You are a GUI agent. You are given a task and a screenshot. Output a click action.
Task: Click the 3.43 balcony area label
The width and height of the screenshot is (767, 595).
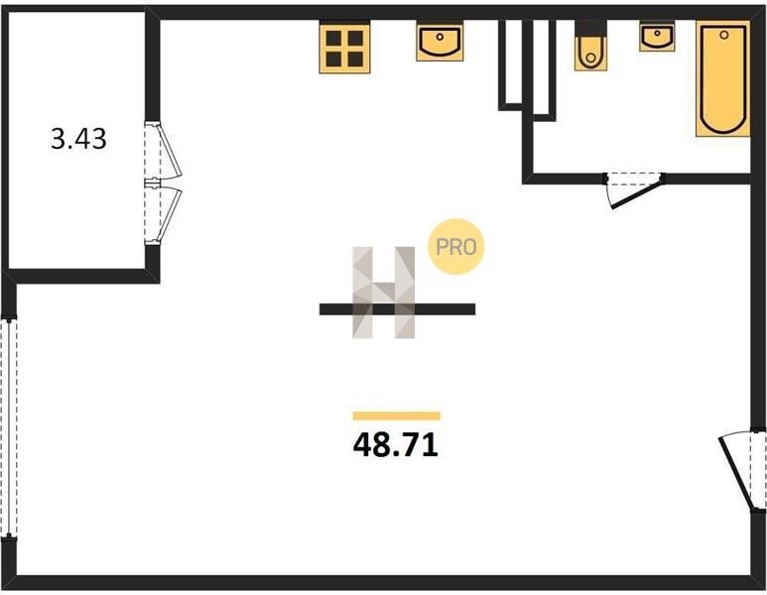tap(78, 140)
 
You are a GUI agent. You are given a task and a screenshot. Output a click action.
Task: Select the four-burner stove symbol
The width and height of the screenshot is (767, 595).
tap(344, 47)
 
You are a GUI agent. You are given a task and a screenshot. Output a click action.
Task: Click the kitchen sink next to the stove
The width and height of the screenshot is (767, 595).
tap(438, 43)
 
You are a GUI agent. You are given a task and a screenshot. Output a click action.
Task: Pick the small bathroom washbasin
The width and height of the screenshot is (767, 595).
tap(656, 38)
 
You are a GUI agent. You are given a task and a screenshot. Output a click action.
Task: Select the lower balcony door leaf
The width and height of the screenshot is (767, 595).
tap(161, 212)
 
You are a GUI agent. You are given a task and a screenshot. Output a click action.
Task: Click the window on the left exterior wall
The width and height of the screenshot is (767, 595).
tap(9, 426)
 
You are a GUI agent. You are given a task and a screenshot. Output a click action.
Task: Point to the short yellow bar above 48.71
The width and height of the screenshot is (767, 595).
tap(396, 416)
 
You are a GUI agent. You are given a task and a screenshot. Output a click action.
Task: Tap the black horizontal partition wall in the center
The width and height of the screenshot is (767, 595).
tap(397, 309)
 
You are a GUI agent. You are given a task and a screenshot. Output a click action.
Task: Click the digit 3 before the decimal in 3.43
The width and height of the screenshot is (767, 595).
tap(58, 140)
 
